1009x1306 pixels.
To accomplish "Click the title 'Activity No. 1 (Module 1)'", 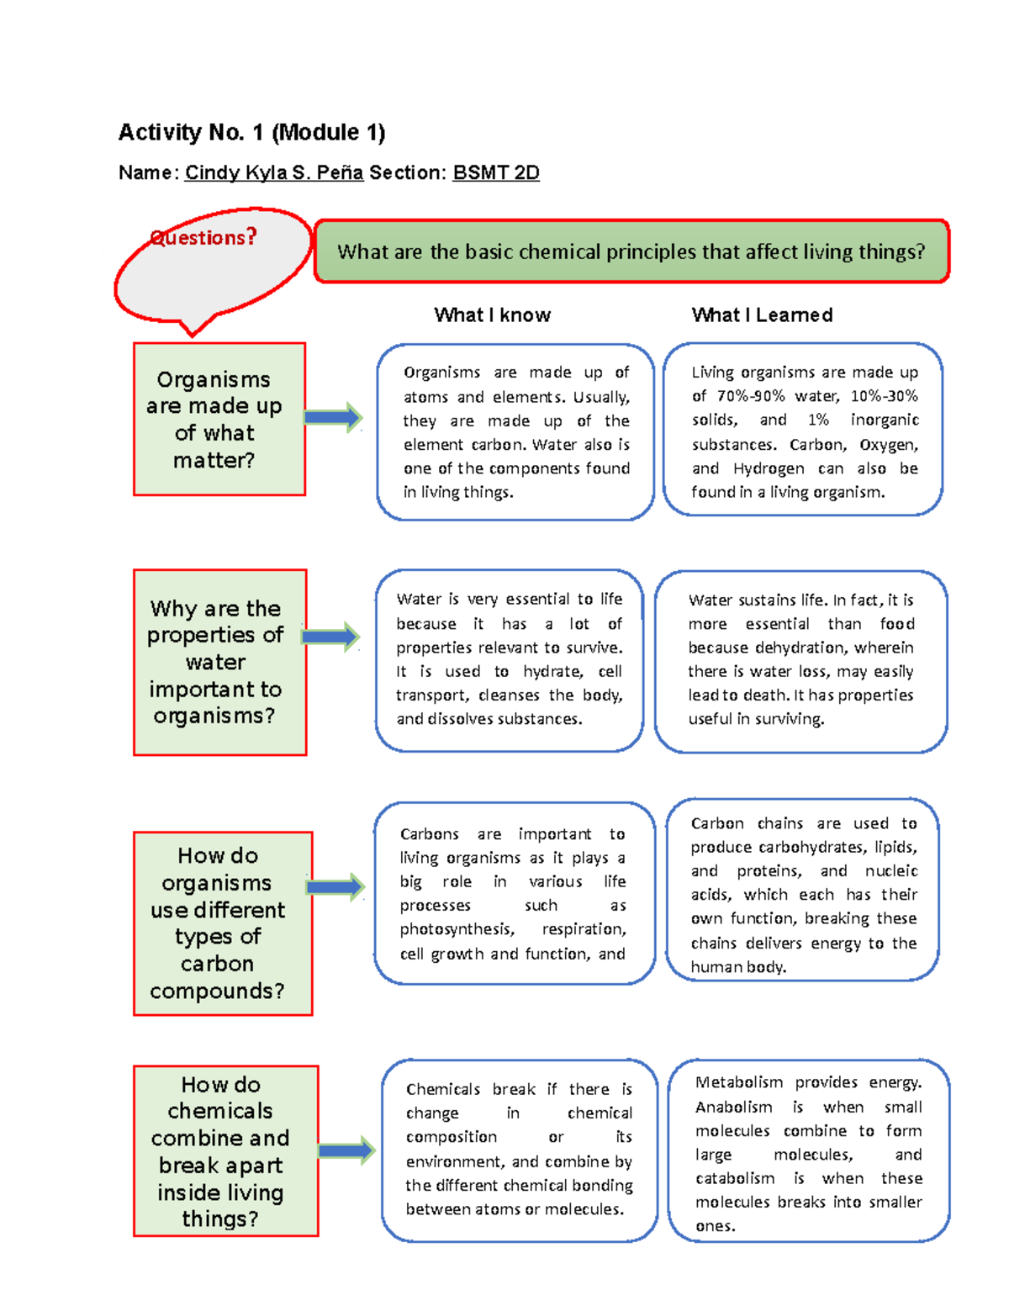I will click(x=251, y=132).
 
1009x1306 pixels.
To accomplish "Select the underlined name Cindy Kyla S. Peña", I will click(x=274, y=172).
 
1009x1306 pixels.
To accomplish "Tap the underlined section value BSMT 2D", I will click(x=496, y=172).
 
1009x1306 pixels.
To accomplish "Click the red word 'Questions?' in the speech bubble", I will click(x=203, y=238).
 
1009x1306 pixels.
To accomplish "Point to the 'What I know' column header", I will click(x=492, y=315).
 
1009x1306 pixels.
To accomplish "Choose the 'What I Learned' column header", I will click(x=762, y=315).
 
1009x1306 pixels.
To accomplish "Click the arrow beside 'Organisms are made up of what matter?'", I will click(x=333, y=417).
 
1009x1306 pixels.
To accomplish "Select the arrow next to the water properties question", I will click(x=330, y=637).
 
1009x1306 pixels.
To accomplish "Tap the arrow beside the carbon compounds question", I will click(x=335, y=886).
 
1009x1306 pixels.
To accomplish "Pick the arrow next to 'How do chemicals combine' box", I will click(x=346, y=1150).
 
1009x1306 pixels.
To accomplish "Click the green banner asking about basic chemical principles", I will click(x=631, y=251).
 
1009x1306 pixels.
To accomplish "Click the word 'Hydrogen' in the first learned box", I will click(x=766, y=468).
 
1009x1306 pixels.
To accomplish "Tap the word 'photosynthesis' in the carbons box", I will click(x=457, y=929).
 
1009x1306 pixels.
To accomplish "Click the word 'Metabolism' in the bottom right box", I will click(x=739, y=1082).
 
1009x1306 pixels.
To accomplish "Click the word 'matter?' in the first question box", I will click(x=214, y=461).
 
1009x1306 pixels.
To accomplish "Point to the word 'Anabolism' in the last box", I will click(x=733, y=1107).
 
